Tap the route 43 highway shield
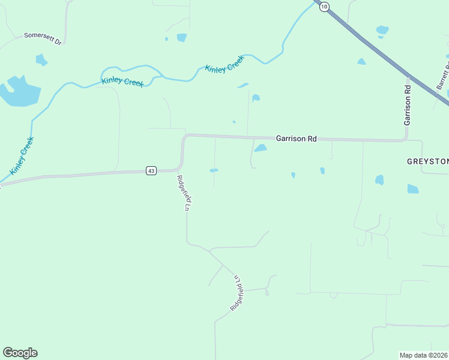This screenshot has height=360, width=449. tap(151, 171)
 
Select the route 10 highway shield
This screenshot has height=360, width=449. tap(324, 7)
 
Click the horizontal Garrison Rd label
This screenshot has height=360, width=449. tap(296, 139)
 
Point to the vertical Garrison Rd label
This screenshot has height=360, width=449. tap(408, 105)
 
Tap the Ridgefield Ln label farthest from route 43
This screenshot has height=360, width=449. tap(238, 292)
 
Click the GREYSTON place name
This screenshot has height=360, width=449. tap(427, 161)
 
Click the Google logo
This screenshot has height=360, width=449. tap(20, 353)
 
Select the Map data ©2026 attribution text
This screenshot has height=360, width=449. tap(423, 355)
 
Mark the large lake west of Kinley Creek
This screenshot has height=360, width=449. tap(20, 91)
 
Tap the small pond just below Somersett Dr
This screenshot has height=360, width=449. tap(41, 59)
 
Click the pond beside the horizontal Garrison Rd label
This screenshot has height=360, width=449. tap(261, 148)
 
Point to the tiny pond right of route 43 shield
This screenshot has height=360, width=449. tap(214, 170)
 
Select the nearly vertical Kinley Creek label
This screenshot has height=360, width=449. tap(22, 156)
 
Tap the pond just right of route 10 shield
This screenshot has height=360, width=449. tap(382, 29)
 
